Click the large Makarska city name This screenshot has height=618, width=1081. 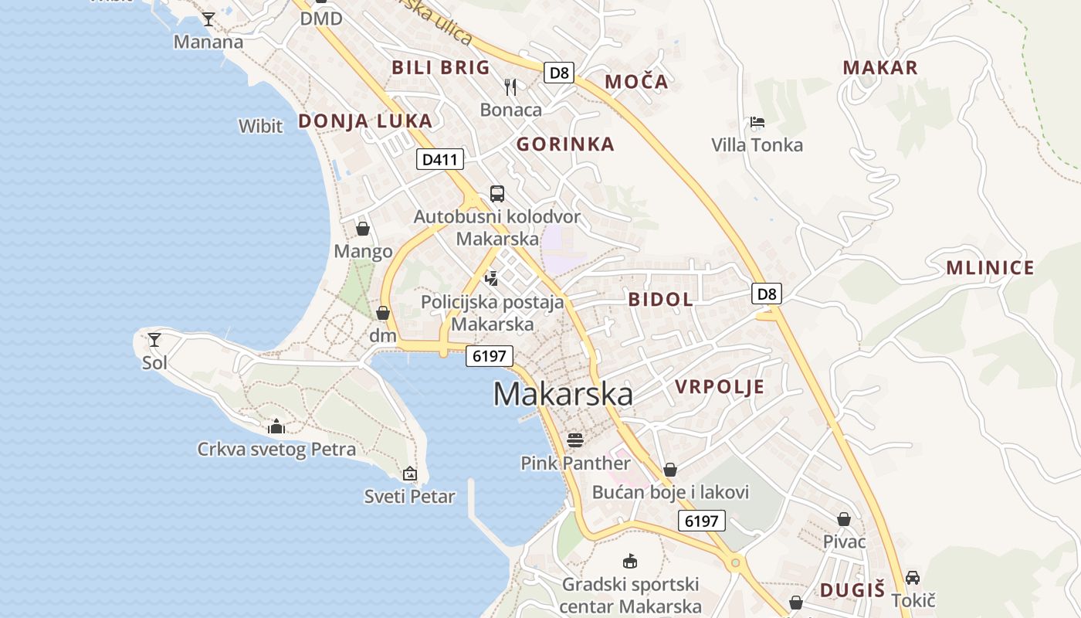(x=563, y=394)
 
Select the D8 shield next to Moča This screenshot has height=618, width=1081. (x=560, y=73)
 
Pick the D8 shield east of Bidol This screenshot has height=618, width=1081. (x=766, y=294)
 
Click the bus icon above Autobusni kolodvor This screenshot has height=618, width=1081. (x=497, y=193)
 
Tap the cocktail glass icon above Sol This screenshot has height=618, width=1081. (x=154, y=339)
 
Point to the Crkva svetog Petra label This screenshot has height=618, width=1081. (x=276, y=449)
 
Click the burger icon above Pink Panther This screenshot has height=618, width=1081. (x=574, y=440)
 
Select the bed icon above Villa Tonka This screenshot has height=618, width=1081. (x=757, y=122)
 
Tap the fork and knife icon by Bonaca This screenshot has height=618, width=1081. (x=510, y=87)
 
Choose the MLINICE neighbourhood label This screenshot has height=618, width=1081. (x=990, y=268)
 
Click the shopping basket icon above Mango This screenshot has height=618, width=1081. (x=363, y=229)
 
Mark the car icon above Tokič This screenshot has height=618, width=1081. (x=913, y=577)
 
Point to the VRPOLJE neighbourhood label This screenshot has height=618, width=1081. (x=720, y=387)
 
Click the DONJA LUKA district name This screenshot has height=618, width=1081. (x=365, y=121)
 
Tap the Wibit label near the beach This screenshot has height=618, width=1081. (x=260, y=126)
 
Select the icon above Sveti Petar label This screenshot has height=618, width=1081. (x=410, y=474)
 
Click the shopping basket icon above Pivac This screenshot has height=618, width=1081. (x=844, y=519)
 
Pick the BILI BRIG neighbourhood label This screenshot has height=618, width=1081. (x=441, y=67)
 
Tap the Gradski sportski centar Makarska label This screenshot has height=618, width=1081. (x=630, y=595)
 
